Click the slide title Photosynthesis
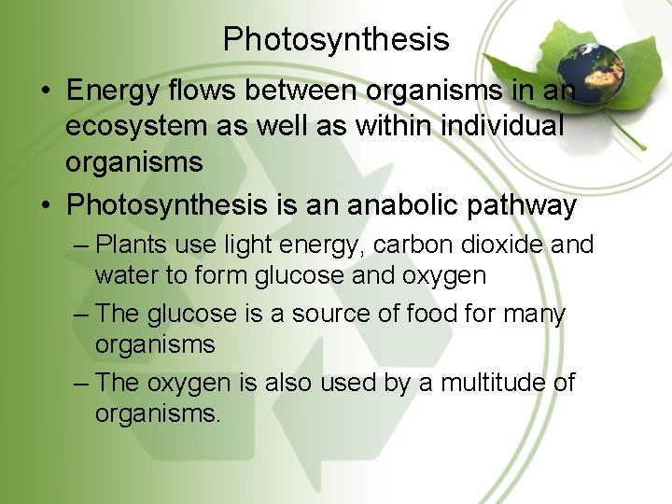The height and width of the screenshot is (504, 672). pos(336,39)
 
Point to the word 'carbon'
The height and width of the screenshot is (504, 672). pos(391,245)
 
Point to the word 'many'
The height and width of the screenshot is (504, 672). pos(532,315)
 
